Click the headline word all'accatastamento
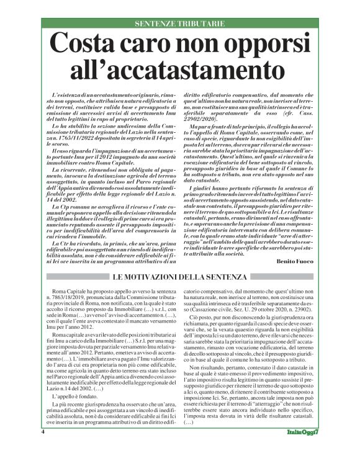(179, 67)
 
